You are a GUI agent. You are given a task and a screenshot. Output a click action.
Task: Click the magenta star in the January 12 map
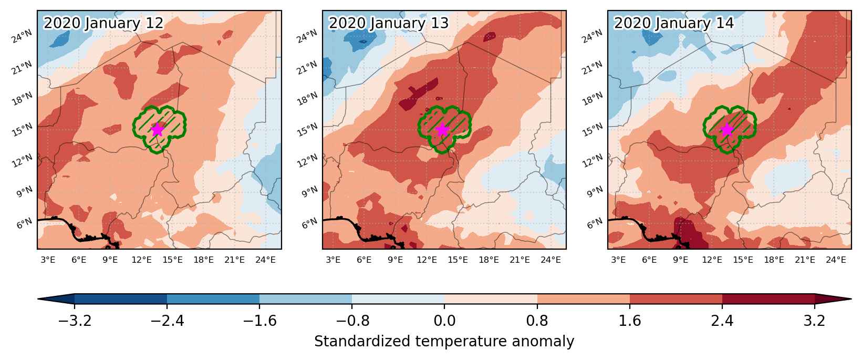click(x=158, y=130)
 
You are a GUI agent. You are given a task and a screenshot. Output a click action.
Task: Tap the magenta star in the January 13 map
click(x=442, y=130)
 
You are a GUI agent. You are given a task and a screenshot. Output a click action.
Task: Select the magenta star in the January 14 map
click(x=728, y=130)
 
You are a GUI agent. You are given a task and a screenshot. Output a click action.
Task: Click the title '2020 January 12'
click(x=103, y=24)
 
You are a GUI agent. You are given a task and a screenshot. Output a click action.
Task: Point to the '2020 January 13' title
click(x=389, y=24)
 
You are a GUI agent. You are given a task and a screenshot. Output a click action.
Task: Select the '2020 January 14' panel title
click(x=674, y=24)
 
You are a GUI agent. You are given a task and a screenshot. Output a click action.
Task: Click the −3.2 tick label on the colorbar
click(x=75, y=321)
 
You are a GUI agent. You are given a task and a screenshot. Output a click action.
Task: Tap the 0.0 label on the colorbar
click(x=444, y=321)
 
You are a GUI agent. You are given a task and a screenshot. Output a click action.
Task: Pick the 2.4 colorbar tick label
click(x=722, y=321)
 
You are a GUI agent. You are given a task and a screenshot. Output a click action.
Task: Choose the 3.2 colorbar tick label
click(x=815, y=321)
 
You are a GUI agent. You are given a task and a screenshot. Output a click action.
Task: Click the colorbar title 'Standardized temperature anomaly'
click(x=444, y=342)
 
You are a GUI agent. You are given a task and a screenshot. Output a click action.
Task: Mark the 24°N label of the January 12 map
click(x=22, y=37)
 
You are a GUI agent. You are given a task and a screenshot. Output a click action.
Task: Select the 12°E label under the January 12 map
click(x=141, y=260)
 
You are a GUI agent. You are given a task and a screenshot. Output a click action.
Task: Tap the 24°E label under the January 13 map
click(x=551, y=260)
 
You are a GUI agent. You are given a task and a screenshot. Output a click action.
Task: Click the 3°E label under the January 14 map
click(x=618, y=260)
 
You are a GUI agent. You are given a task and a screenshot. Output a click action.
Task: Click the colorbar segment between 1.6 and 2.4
click(x=676, y=299)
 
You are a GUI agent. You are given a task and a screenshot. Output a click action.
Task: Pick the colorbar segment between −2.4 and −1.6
click(x=213, y=299)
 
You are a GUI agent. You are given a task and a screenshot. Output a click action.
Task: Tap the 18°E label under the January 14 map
click(x=774, y=260)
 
